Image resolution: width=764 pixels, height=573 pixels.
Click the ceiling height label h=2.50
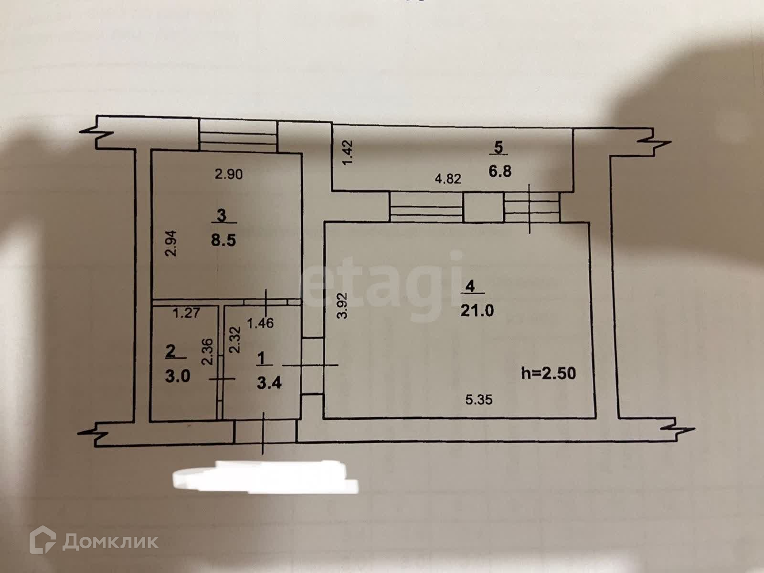click(x=549, y=372)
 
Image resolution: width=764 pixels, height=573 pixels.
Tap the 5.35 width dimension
click(x=478, y=400)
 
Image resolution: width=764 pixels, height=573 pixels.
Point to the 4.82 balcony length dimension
click(x=448, y=180)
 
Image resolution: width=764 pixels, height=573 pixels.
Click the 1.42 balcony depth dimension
click(x=348, y=152)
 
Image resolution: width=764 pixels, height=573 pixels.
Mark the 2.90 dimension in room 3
click(x=229, y=175)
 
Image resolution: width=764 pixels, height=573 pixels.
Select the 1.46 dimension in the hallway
click(x=260, y=323)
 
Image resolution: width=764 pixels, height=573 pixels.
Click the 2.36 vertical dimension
click(x=207, y=352)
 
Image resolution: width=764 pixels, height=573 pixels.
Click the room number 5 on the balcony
click(x=499, y=148)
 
